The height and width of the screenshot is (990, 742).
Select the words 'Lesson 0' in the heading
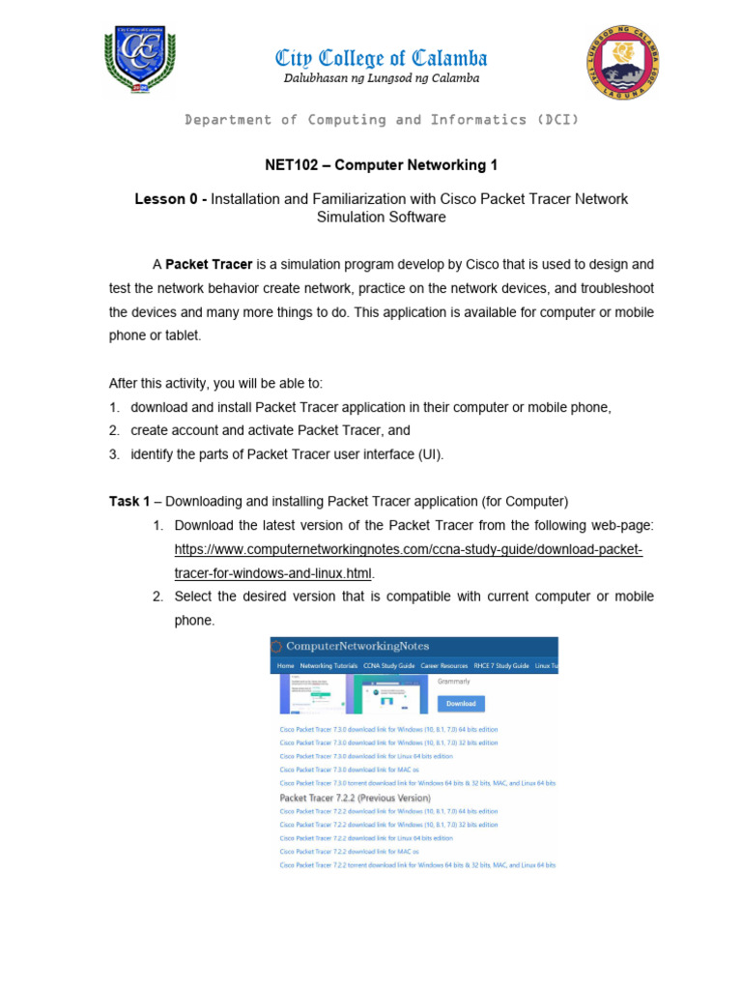coord(165,199)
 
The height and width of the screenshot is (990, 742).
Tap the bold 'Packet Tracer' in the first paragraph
coord(209,264)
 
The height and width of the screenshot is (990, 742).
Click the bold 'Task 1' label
coord(128,501)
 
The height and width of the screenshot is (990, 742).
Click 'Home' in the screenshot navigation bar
coord(285,666)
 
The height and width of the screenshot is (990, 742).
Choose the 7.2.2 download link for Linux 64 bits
coord(366,838)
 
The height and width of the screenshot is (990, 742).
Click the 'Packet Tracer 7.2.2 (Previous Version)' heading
coord(354,798)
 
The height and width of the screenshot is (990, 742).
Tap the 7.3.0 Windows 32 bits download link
coord(388,742)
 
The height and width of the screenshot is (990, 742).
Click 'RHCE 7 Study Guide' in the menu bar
coord(501,666)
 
